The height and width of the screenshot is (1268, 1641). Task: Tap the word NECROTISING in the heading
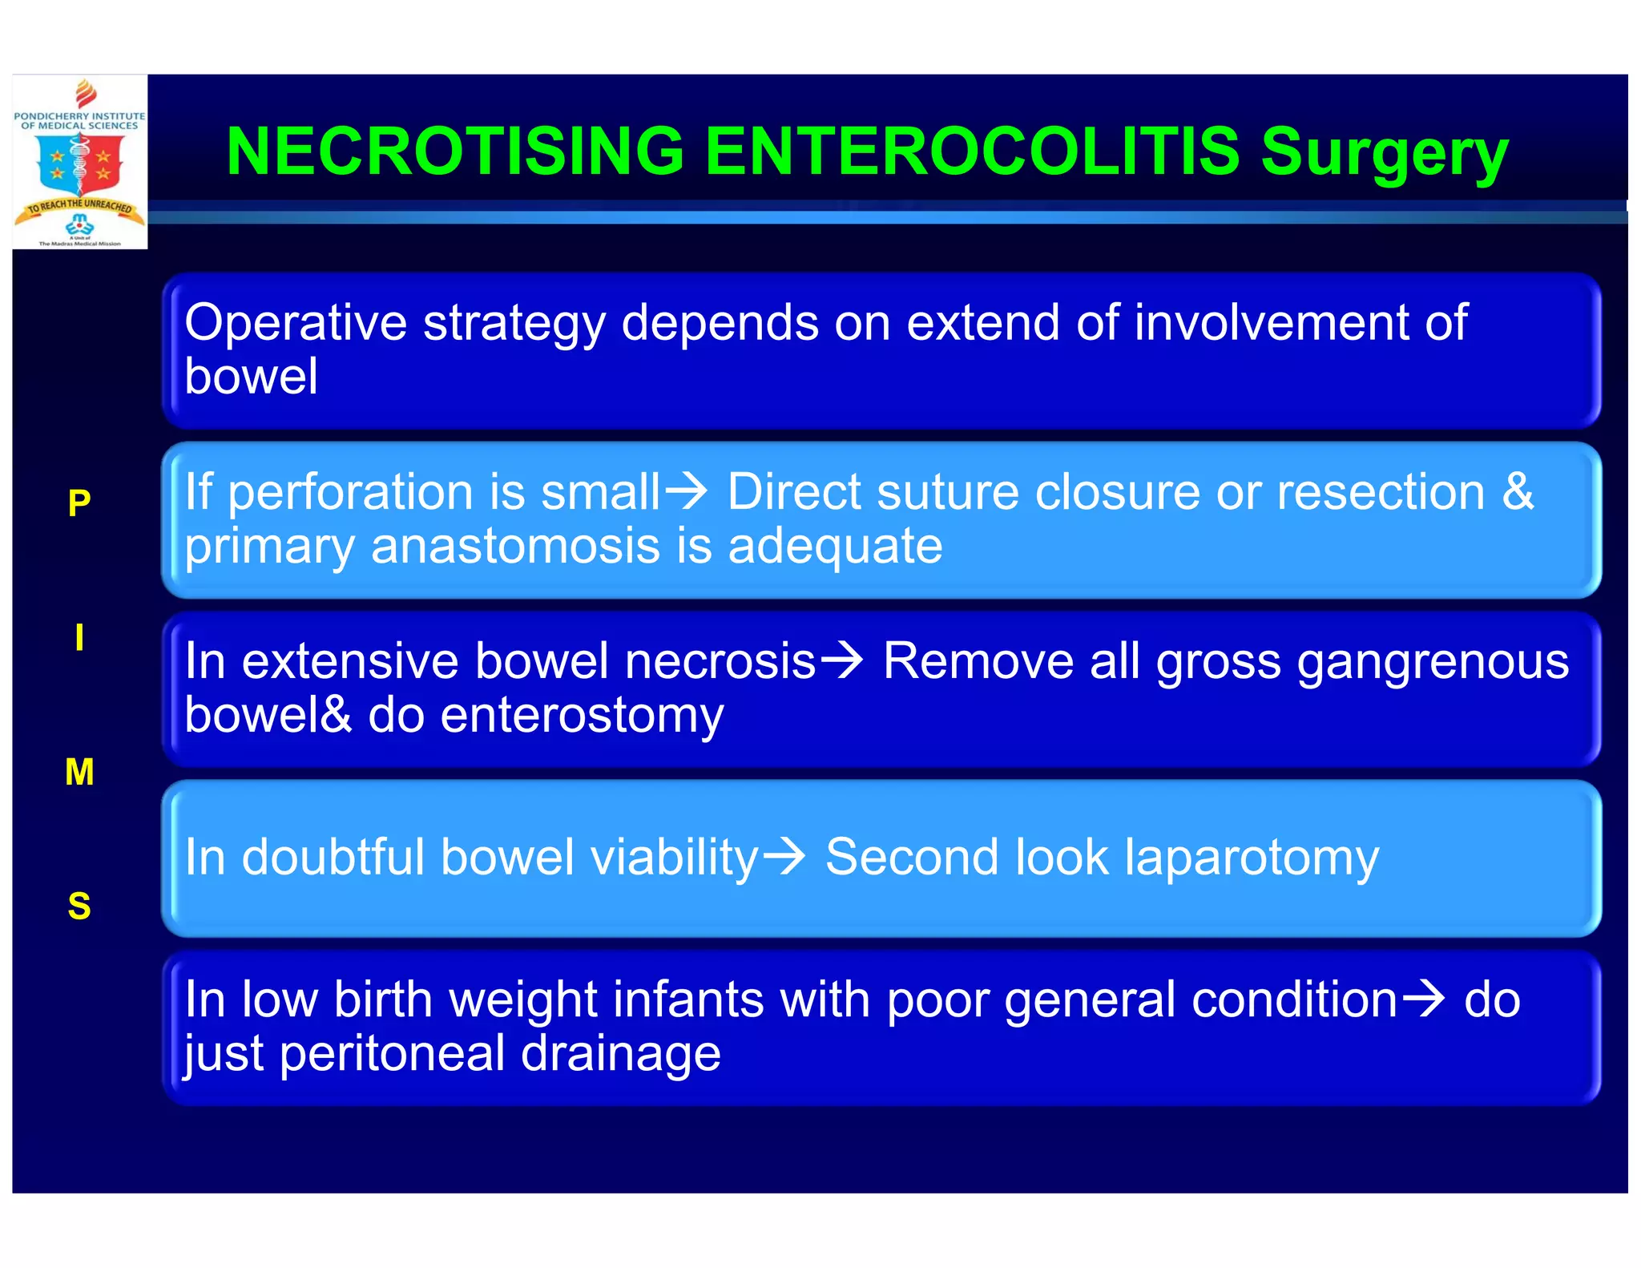click(455, 151)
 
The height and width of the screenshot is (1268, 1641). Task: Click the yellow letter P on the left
click(79, 503)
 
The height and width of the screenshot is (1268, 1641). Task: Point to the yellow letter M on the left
click(79, 772)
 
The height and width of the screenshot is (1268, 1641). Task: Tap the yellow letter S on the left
click(79, 907)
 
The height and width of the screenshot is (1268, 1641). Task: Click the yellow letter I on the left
click(79, 638)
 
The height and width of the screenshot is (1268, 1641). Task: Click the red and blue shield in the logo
click(79, 164)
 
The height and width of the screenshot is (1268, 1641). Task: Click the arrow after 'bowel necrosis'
click(842, 660)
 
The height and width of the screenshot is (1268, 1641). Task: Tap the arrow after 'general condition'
click(1424, 999)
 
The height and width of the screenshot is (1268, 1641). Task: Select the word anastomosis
click(515, 547)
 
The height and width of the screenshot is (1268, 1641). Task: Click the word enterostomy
click(582, 715)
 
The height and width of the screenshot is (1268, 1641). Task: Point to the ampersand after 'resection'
click(1518, 491)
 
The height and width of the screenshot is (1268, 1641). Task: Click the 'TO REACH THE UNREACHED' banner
click(79, 208)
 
